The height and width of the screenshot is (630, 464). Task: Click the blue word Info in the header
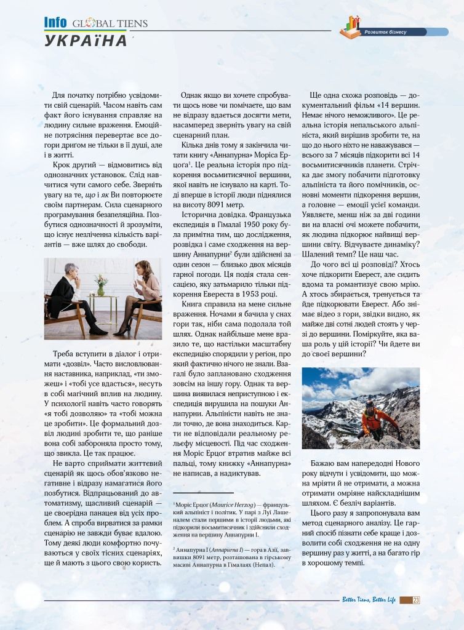55,22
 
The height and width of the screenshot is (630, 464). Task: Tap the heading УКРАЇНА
86,41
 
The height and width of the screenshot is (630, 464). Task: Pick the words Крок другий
71,165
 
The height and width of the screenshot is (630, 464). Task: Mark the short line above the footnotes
202,493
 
